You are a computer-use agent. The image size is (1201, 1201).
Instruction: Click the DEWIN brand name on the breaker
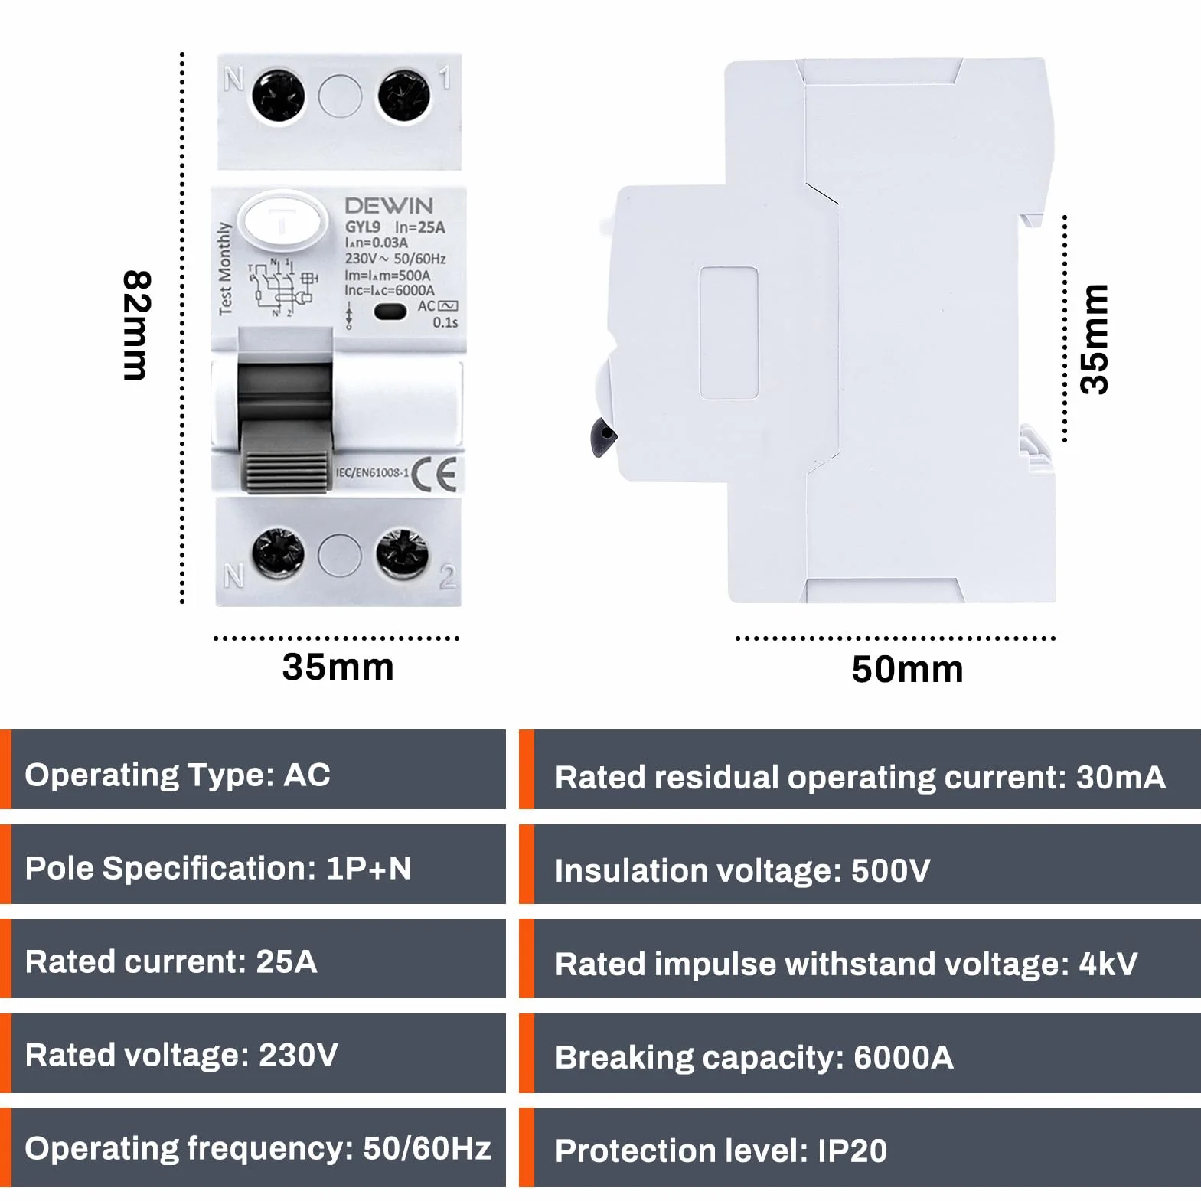pyautogui.click(x=389, y=206)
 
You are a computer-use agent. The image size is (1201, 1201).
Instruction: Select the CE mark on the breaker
pyautogui.click(x=434, y=475)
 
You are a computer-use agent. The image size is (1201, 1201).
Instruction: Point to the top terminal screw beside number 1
pyautogui.click(x=403, y=96)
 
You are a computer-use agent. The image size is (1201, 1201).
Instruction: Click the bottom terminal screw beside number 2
pyautogui.click(x=401, y=553)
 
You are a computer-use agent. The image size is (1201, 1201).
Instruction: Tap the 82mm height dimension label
pyautogui.click(x=137, y=325)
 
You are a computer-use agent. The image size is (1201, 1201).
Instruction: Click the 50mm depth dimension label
pyautogui.click(x=907, y=670)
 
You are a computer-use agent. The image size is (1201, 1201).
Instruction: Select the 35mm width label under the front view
pyautogui.click(x=338, y=667)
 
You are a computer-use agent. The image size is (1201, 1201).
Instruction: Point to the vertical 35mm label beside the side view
pyautogui.click(x=1094, y=339)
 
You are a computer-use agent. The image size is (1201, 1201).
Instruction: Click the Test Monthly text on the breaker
pyautogui.click(x=225, y=269)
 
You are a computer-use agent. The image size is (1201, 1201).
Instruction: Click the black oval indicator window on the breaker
pyautogui.click(x=390, y=312)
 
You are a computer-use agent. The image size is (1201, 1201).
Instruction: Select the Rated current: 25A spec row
pyautogui.click(x=171, y=961)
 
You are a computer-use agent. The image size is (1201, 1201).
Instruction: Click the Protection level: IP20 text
pyautogui.click(x=721, y=1151)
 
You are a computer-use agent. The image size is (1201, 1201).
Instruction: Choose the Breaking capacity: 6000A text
pyautogui.click(x=754, y=1058)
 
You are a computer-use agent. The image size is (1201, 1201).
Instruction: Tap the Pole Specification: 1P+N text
pyautogui.click(x=218, y=868)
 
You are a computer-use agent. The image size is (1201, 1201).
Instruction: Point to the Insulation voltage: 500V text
pyautogui.click(x=742, y=871)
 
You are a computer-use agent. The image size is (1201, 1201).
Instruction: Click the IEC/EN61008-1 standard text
pyautogui.click(x=372, y=473)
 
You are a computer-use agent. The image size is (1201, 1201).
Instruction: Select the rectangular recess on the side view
pyautogui.click(x=729, y=333)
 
